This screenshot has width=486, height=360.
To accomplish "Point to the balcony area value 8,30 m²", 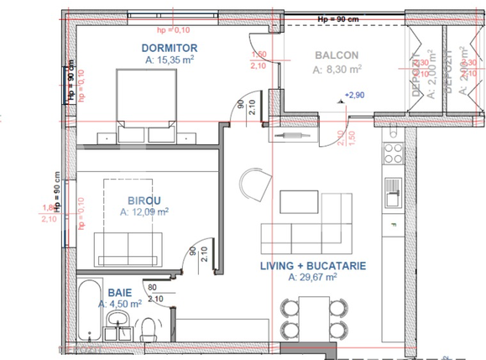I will coord(339,69).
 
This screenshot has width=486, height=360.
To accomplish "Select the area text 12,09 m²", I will coord(144,213).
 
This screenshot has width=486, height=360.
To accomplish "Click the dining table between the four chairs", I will coord(312,319).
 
